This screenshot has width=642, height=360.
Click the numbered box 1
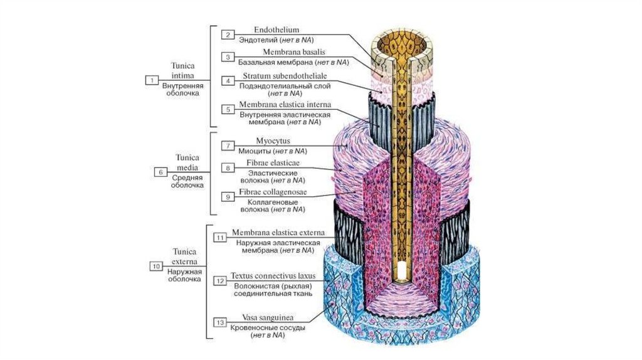pos(152,80)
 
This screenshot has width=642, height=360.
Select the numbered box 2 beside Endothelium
pos(229,34)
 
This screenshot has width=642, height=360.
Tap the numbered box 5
pos(229,109)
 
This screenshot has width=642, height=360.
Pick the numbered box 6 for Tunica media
pos(160,171)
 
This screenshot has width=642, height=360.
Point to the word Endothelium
pos(276,30)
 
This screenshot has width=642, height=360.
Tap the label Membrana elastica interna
pos(285,104)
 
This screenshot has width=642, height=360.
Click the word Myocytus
pos(273,141)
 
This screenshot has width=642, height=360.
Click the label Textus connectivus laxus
pos(277,275)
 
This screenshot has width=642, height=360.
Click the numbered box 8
pos(229,168)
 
